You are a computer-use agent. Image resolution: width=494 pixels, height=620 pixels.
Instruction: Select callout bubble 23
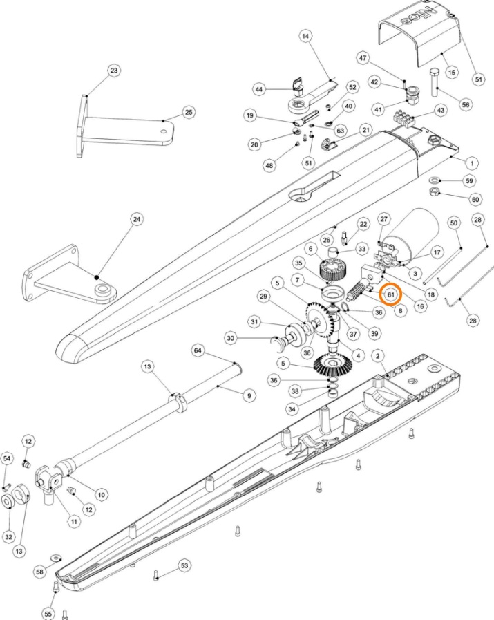(114, 71)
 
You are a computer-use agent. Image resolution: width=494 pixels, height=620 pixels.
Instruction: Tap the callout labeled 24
(137, 220)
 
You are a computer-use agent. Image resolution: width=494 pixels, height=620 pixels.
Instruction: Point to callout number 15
(452, 72)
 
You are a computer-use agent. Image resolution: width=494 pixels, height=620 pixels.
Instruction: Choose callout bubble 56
(466, 104)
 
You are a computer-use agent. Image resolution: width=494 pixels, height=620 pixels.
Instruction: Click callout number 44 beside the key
(260, 90)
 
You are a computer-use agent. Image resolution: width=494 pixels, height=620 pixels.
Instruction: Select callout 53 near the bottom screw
(184, 566)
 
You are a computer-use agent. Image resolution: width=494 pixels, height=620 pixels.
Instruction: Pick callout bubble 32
(9, 536)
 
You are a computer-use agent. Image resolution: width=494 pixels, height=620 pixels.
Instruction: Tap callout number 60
(475, 199)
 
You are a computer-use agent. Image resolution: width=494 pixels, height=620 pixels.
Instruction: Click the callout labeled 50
(454, 223)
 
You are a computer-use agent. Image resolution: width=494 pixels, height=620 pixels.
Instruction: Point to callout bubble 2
(378, 355)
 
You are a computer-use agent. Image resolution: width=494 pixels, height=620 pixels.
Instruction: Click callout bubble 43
(440, 111)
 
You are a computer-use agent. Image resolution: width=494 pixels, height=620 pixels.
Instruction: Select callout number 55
(48, 612)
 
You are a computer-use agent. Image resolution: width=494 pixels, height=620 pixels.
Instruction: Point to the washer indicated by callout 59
(435, 181)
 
